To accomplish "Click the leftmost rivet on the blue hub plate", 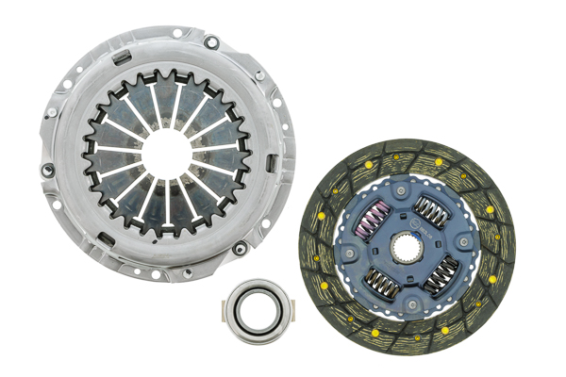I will coord(353,253).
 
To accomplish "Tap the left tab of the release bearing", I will coord(225,305).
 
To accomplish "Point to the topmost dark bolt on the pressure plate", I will coord(212,41).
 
